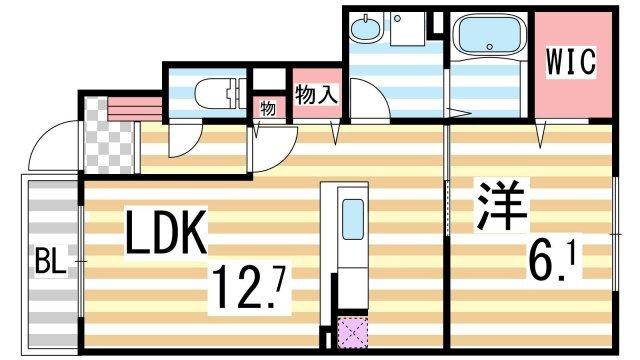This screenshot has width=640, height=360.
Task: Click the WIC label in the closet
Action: pyautogui.click(x=569, y=62)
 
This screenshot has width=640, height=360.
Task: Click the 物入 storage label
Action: pyautogui.click(x=314, y=95)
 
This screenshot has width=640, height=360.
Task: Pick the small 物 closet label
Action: pyautogui.click(x=269, y=106)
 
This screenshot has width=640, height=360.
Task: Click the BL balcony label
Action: pyautogui.click(x=50, y=265)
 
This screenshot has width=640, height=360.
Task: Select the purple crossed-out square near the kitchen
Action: pyautogui.click(x=353, y=332)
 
